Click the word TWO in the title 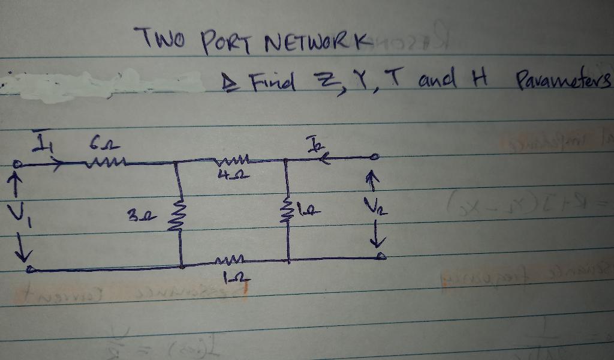[x=159, y=40]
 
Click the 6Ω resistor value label [x=98, y=145]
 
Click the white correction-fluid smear [x=102, y=82]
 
